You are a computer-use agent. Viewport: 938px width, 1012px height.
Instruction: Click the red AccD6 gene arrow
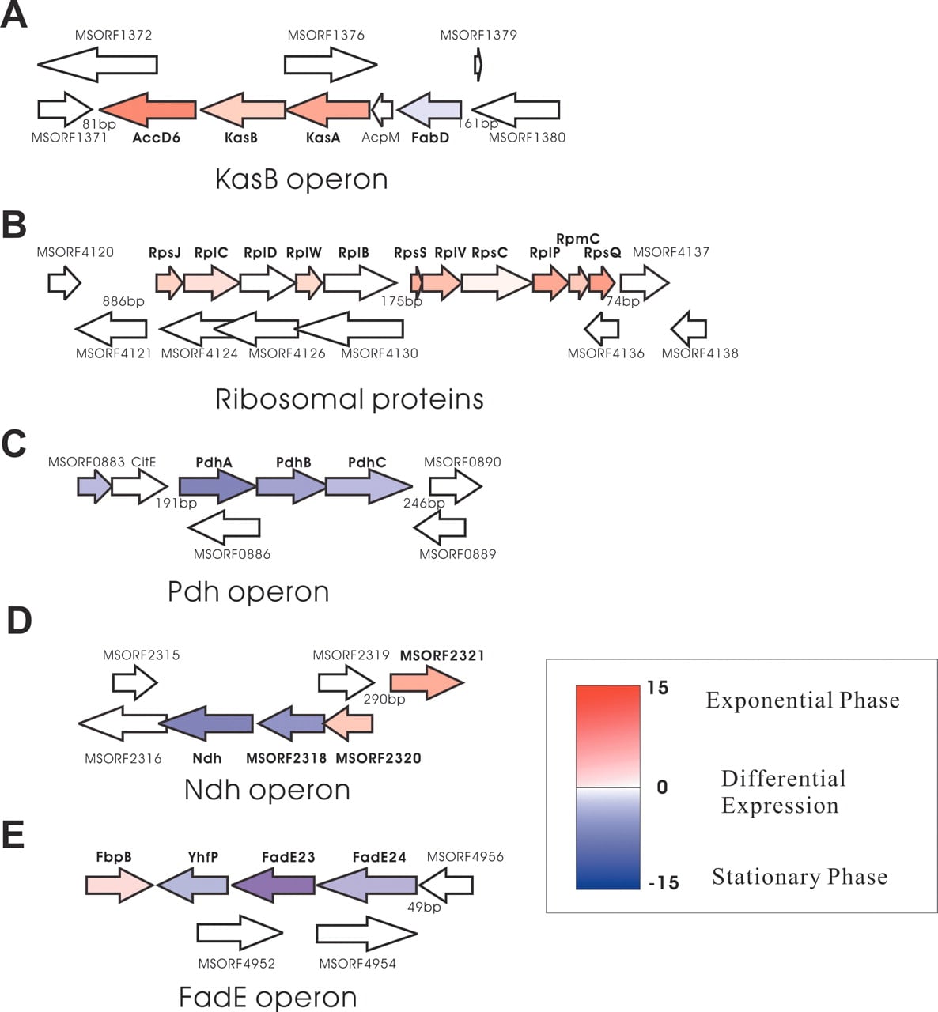pyautogui.click(x=148, y=110)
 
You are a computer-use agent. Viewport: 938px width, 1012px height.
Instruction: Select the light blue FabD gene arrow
pyautogui.click(x=429, y=110)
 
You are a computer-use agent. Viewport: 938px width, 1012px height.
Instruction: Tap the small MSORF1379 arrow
pyautogui.click(x=478, y=65)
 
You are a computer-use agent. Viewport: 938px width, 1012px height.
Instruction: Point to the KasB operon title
pyautogui.click(x=301, y=179)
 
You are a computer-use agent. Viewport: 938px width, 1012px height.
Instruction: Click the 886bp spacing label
pyautogui.click(x=123, y=301)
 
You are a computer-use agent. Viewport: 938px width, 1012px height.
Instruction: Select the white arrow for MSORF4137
pyautogui.click(x=645, y=282)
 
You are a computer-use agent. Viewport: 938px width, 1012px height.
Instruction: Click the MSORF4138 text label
pyautogui.click(x=700, y=353)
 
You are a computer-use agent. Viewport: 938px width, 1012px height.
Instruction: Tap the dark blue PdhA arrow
pyautogui.click(x=217, y=486)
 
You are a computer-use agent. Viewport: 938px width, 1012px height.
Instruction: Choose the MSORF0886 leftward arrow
pyautogui.click(x=224, y=527)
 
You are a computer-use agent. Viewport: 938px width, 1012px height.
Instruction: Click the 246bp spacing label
pyautogui.click(x=424, y=503)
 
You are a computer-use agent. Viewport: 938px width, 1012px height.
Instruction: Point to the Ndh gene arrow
pyautogui.click(x=206, y=723)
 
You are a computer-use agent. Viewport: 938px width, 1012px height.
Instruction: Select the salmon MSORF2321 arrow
pyautogui.click(x=427, y=682)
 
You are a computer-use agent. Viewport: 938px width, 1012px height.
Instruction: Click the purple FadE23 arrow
pyautogui.click(x=273, y=885)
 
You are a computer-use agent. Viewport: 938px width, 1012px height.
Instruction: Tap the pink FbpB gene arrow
pyautogui.click(x=119, y=885)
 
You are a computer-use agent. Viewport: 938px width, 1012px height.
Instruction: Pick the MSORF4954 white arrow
pyautogui.click(x=367, y=934)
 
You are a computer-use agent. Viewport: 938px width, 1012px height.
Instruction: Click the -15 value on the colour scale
pyautogui.click(x=664, y=882)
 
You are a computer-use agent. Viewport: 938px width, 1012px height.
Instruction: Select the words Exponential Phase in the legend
pyautogui.click(x=803, y=700)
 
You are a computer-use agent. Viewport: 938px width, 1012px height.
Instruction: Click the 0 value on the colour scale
pyautogui.click(x=662, y=787)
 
